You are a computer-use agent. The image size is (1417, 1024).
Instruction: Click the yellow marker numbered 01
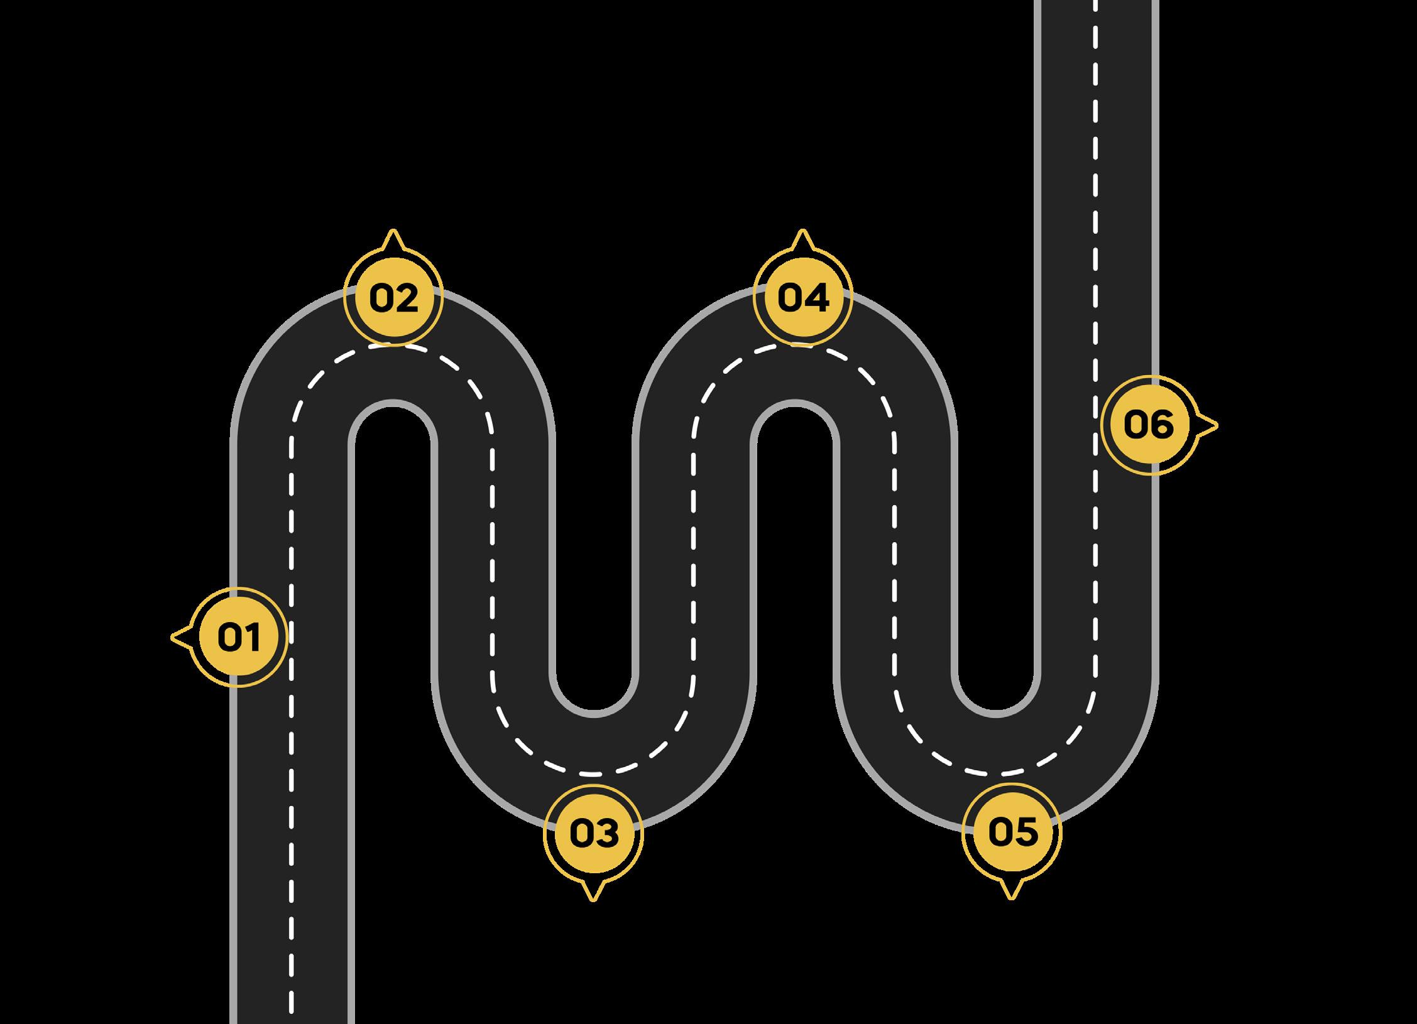click(239, 638)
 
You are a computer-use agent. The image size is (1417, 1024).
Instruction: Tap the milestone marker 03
click(593, 832)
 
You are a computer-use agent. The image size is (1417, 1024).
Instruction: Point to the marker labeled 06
click(1150, 425)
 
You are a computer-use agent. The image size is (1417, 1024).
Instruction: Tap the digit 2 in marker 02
click(407, 298)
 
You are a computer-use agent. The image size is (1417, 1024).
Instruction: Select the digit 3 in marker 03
click(607, 833)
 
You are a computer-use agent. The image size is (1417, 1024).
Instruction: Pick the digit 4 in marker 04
click(816, 298)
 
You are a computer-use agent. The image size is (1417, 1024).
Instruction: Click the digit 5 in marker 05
click(1026, 832)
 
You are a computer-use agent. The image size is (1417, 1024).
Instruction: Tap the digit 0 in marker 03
click(580, 833)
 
